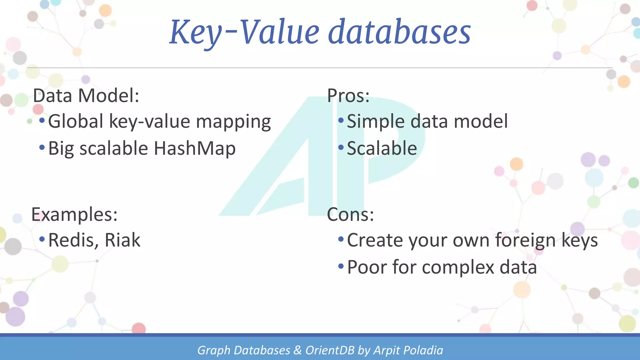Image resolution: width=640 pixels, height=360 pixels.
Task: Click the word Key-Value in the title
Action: [x=244, y=32]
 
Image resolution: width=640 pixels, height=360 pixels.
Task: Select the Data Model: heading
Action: [x=86, y=96]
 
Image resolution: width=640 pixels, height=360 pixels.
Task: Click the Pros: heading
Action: [x=348, y=96]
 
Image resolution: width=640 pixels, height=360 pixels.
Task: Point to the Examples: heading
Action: [x=74, y=215]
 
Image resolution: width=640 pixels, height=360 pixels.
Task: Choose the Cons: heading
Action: [x=350, y=215]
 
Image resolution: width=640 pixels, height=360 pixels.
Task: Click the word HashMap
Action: [x=195, y=148]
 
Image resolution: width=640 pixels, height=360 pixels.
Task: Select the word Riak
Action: [x=122, y=240]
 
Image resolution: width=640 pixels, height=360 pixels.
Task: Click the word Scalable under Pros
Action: [x=382, y=148]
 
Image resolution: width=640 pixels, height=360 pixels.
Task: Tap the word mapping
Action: [x=233, y=122]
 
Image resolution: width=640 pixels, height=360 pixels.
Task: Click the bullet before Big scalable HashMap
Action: [x=42, y=147]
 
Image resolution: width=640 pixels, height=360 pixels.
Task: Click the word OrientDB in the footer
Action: [x=330, y=350]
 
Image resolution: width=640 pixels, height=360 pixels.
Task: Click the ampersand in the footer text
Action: [x=297, y=350]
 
